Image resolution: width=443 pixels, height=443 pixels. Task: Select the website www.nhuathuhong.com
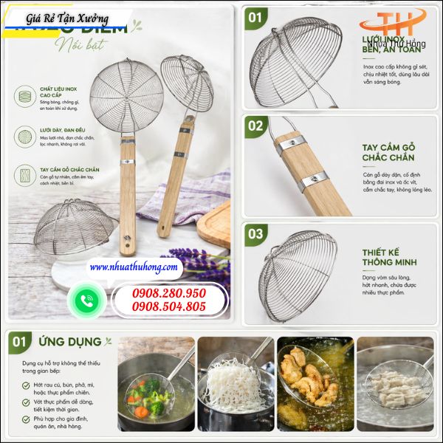pyautogui.click(x=134, y=267)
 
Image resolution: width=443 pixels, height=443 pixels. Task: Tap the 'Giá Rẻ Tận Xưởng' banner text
pyautogui.click(x=67, y=18)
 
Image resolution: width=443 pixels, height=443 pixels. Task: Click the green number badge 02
pyautogui.click(x=255, y=126)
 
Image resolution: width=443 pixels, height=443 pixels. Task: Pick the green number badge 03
pyautogui.click(x=255, y=235)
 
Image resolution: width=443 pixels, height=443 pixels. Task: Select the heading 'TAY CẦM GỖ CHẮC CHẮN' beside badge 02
pyautogui.click(x=388, y=152)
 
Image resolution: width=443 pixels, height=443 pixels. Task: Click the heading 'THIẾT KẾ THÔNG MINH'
pyautogui.click(x=389, y=257)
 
